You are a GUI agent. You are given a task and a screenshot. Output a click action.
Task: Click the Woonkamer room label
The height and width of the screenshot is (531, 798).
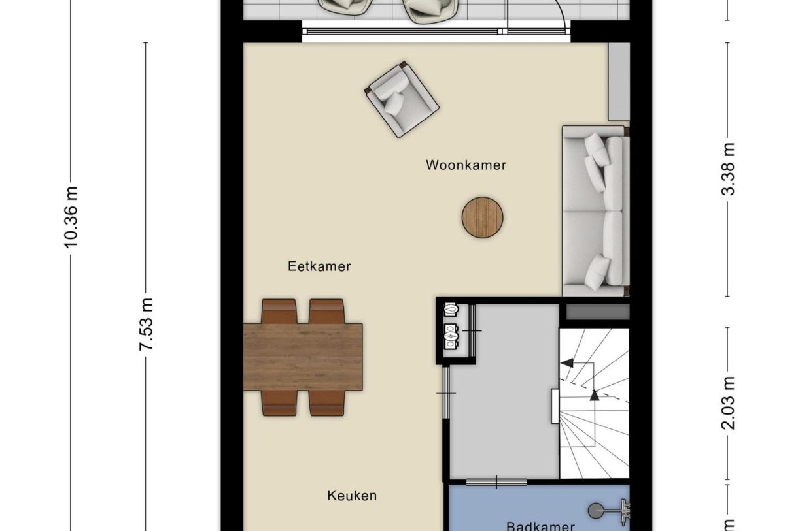pos(466,165)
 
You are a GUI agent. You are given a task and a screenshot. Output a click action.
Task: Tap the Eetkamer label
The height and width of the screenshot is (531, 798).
pos(319,266)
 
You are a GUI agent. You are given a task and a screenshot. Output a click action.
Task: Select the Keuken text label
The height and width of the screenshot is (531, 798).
pos(352,496)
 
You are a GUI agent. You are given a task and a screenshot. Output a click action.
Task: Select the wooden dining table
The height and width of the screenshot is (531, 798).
pos(303,357)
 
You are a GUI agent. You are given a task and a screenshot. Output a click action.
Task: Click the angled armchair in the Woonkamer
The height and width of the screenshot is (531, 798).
pos(401,99)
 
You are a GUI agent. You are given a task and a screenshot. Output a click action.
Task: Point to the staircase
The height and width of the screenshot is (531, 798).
pos(593,403)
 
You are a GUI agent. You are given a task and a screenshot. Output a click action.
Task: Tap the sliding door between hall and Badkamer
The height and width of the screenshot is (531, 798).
pos(497,483)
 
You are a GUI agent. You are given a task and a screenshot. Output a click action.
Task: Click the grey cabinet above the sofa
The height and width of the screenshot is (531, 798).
pos(619,82)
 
